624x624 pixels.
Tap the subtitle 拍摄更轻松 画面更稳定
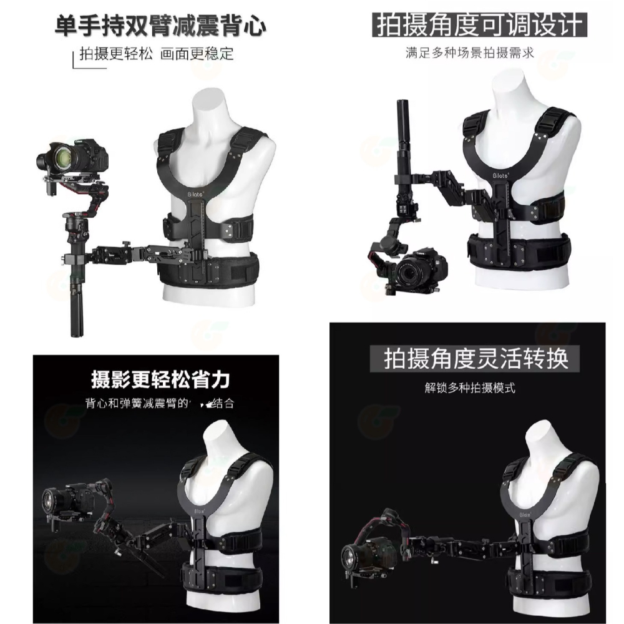click(x=157, y=54)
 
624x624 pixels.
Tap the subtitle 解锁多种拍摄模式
click(x=469, y=388)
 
